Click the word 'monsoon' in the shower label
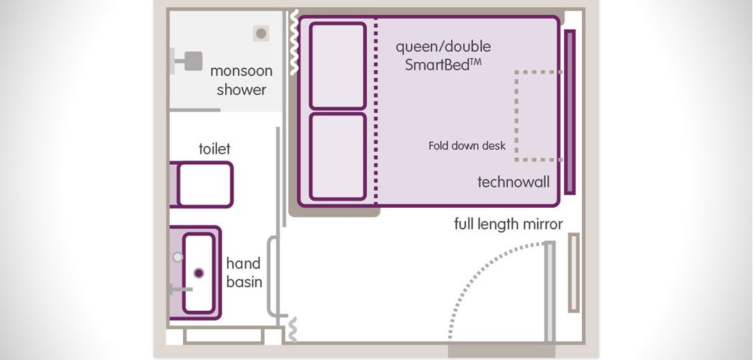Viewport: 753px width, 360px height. pyautogui.click(x=241, y=71)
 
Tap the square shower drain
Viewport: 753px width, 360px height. pyautogui.click(x=260, y=33)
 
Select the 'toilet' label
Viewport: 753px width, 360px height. pyautogui.click(x=215, y=148)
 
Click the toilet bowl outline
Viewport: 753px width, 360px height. pyautogui.click(x=205, y=185)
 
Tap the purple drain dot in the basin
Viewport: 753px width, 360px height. pyautogui.click(x=199, y=273)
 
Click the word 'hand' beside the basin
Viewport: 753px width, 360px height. pyautogui.click(x=243, y=263)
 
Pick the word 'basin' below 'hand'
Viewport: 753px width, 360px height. pyautogui.click(x=244, y=282)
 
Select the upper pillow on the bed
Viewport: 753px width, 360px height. pyautogui.click(x=337, y=66)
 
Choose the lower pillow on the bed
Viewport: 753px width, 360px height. pyautogui.click(x=337, y=156)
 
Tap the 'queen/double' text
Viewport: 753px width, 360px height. pyautogui.click(x=443, y=46)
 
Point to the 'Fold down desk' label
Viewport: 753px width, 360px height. pyautogui.click(x=467, y=145)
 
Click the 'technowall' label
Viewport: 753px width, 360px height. pyautogui.click(x=513, y=182)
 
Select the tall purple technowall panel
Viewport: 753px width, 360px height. pyautogui.click(x=569, y=112)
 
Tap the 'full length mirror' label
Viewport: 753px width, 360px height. pyautogui.click(x=508, y=224)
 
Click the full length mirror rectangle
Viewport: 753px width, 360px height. pyautogui.click(x=574, y=273)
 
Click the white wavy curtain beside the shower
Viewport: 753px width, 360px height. pyautogui.click(x=294, y=42)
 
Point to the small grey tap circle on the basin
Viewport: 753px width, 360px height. pyautogui.click(x=178, y=257)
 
